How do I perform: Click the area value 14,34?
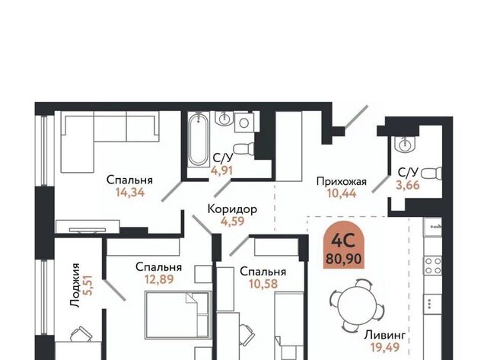[x=130, y=193]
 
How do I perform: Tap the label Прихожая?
[x=342, y=181]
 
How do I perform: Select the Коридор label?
[x=232, y=209]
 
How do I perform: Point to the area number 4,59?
[x=232, y=221]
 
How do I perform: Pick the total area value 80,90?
[x=344, y=258]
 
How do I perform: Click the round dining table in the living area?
[x=357, y=304]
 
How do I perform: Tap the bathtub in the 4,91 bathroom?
[x=198, y=139]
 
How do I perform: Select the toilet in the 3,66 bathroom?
[x=432, y=174]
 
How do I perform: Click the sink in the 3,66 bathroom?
[x=404, y=144]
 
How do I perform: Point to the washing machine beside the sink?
[x=243, y=123]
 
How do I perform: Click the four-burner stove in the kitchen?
[x=433, y=266]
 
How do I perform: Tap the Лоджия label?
[x=75, y=285]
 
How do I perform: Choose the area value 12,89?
[x=159, y=279]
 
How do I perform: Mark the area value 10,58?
[x=263, y=284]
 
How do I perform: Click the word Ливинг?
[x=385, y=336]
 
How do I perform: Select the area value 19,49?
[x=385, y=348]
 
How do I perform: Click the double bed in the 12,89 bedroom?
[x=178, y=314]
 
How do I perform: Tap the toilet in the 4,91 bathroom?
[x=243, y=149]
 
